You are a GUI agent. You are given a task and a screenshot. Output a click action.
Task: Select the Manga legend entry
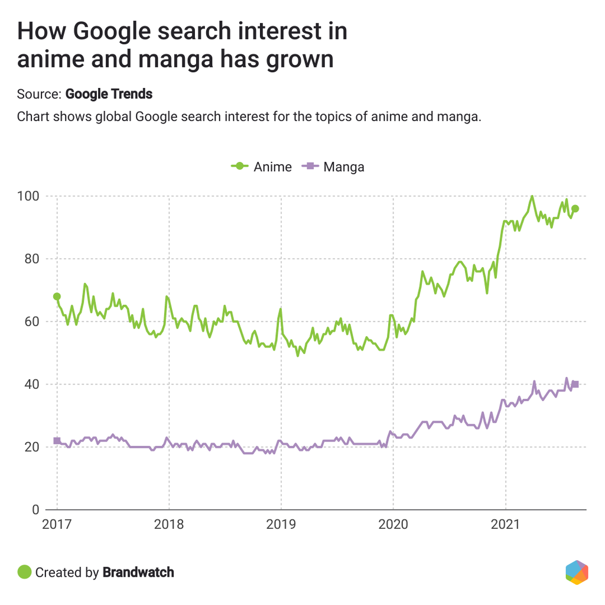(334, 167)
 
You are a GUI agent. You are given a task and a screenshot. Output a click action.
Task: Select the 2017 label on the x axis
(57, 525)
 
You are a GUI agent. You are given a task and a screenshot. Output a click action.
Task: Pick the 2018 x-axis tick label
(169, 525)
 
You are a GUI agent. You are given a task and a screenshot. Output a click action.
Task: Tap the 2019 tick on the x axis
(281, 525)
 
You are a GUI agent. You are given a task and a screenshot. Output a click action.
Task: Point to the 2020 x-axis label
(393, 525)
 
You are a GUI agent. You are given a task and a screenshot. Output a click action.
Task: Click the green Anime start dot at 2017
(57, 297)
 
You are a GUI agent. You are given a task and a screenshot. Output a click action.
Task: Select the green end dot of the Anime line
(575, 209)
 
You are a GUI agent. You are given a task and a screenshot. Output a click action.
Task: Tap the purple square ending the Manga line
(575, 385)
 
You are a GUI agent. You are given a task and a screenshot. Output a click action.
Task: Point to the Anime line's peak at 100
(532, 196)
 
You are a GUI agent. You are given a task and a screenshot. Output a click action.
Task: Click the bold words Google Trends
(109, 94)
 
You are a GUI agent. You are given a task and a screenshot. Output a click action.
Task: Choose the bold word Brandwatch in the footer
(138, 572)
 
